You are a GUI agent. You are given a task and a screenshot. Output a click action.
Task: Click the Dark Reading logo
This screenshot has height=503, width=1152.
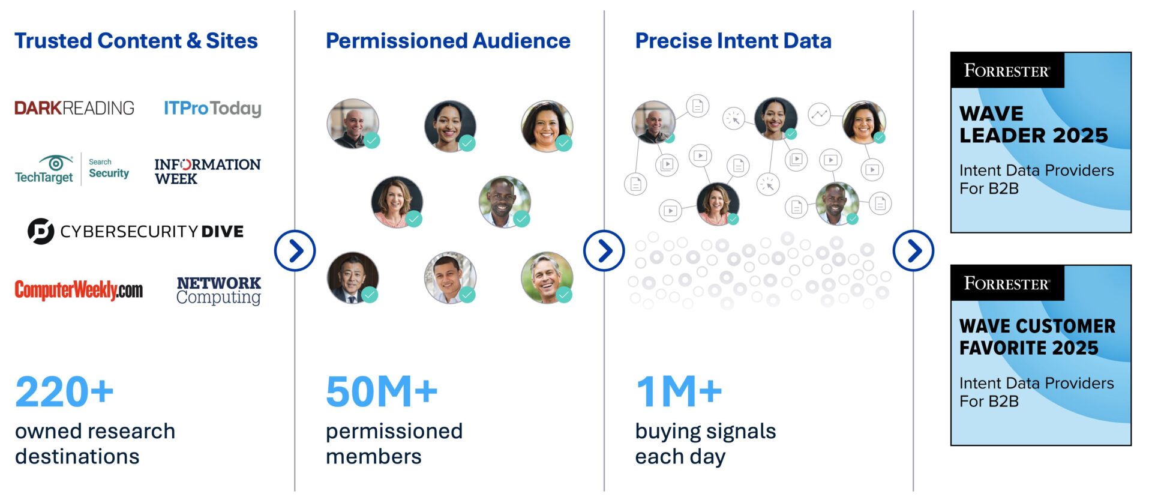coord(74,108)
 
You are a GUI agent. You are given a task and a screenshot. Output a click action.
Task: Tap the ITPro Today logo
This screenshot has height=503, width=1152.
coord(212,108)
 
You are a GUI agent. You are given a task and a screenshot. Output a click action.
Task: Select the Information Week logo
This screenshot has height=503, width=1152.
coord(208,172)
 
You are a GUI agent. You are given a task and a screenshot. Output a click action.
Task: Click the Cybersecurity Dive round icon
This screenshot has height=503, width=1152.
coord(41,231)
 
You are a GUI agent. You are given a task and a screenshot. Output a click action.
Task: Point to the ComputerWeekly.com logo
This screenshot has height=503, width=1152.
coord(79,290)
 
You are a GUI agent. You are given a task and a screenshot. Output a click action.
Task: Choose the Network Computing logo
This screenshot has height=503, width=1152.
coord(219,291)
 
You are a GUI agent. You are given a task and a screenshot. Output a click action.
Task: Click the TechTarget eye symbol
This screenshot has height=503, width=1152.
coord(56,162)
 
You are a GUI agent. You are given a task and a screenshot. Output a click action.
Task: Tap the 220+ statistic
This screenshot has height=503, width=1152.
coord(64,392)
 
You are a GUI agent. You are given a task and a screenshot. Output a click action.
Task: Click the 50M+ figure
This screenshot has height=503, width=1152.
coord(382,392)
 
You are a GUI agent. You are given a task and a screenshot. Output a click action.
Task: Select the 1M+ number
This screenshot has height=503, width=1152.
coord(679,392)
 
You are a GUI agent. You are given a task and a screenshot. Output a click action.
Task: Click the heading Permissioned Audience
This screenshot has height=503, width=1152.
coord(448,41)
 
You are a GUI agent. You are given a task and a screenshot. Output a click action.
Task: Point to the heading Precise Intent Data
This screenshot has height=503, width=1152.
coord(733,41)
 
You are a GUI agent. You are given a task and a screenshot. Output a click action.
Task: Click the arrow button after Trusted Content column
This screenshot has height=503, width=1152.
coord(295,251)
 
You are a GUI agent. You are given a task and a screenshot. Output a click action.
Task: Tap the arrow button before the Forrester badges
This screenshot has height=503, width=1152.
coord(913,251)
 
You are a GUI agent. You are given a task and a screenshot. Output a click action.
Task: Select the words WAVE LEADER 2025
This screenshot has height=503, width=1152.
coord(1033,124)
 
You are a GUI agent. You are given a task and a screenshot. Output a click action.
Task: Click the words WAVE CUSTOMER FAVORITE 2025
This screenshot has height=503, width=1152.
coord(1037,337)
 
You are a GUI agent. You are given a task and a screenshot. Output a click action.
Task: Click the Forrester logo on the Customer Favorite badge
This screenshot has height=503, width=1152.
coord(1007,283)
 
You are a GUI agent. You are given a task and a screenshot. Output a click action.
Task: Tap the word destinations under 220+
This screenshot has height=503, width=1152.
coord(77,457)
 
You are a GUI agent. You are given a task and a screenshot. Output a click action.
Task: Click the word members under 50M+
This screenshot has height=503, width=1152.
coord(374,457)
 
